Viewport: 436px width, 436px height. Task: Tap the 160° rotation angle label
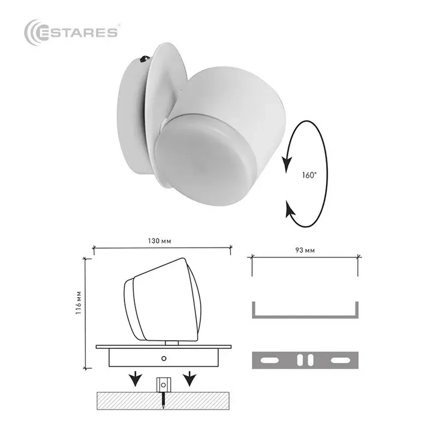coord(309,175)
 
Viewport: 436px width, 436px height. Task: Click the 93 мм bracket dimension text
coord(305,250)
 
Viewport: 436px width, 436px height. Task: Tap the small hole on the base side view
coord(163,358)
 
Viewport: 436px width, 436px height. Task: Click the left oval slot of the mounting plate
coord(269,360)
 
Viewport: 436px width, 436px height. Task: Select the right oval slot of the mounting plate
coord(339,360)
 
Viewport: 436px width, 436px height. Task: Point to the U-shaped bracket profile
coord(305,315)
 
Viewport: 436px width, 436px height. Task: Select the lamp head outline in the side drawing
coord(163,301)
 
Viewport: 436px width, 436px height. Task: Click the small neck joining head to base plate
coord(172,343)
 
